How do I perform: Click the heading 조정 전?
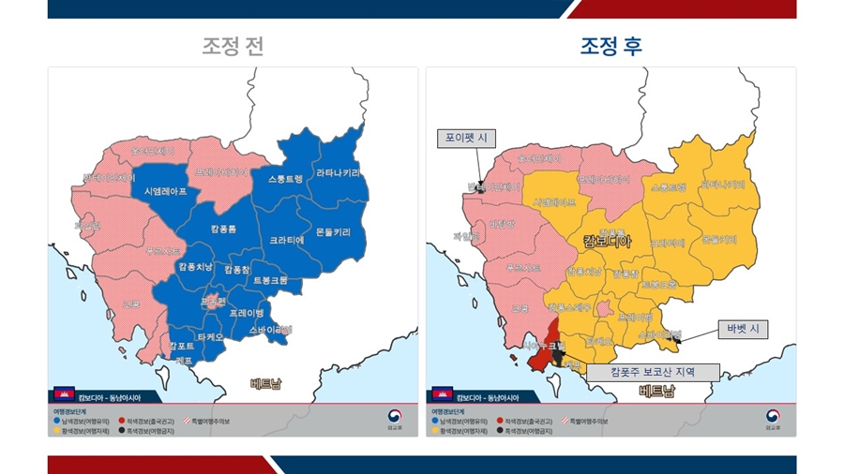pyautogui.click(x=232, y=46)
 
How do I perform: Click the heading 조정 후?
pyautogui.click(x=610, y=46)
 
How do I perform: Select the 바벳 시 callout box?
pyautogui.click(x=743, y=329)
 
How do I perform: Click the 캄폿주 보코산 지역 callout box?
pyautogui.click(x=653, y=371)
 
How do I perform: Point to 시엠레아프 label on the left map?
pyautogui.click(x=165, y=190)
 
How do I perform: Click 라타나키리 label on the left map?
pyautogui.click(x=338, y=173)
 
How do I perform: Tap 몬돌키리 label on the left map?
pyautogui.click(x=333, y=231)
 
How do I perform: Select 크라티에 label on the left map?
pyautogui.click(x=287, y=240)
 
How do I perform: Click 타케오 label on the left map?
pyautogui.click(x=209, y=336)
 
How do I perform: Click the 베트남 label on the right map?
pyautogui.click(x=656, y=391)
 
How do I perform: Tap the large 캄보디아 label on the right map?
pyautogui.click(x=607, y=241)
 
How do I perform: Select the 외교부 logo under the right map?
pyautogui.click(x=773, y=418)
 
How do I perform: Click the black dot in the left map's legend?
pyautogui.click(x=123, y=431)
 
